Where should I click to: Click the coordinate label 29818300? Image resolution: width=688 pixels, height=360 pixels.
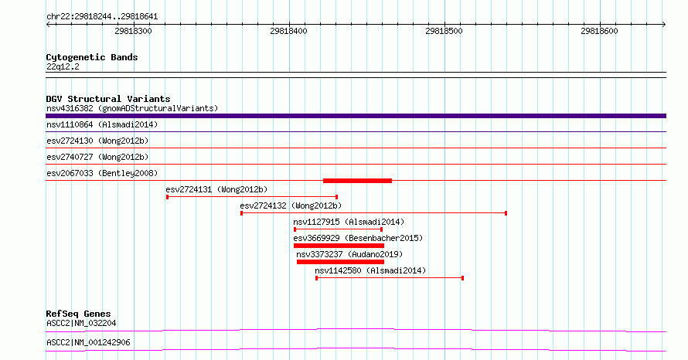point(133,31)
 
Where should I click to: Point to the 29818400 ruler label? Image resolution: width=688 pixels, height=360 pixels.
point(288,31)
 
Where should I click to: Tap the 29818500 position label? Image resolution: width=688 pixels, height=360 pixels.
point(444,31)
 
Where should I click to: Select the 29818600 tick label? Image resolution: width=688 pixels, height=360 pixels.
point(599,31)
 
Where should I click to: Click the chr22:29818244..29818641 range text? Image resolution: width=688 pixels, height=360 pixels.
point(102,17)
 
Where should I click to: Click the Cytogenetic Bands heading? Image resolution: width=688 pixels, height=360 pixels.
point(92,57)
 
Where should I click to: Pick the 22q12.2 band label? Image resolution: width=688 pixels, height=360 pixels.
point(63,66)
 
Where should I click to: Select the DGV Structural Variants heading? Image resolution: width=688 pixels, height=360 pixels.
point(108,99)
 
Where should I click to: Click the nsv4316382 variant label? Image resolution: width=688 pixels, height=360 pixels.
point(70,108)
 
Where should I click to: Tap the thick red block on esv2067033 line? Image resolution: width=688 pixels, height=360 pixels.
point(357,181)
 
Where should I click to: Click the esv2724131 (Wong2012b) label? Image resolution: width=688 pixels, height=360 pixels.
point(216,189)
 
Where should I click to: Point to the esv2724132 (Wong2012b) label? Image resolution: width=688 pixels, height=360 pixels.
point(291,205)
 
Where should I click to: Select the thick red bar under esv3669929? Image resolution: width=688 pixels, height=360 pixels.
point(339,246)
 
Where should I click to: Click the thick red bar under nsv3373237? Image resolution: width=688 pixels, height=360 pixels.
point(340,262)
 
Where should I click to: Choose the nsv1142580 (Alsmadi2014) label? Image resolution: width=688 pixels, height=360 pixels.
point(370,270)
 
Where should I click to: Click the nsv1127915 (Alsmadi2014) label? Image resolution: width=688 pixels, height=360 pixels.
point(349,222)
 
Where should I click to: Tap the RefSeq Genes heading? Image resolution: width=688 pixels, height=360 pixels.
point(78,314)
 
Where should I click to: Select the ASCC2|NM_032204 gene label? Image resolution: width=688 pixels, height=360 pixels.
point(81,323)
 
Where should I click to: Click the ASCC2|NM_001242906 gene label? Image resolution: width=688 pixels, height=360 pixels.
point(88,342)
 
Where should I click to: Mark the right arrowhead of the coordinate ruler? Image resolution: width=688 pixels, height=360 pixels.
point(664,25)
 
